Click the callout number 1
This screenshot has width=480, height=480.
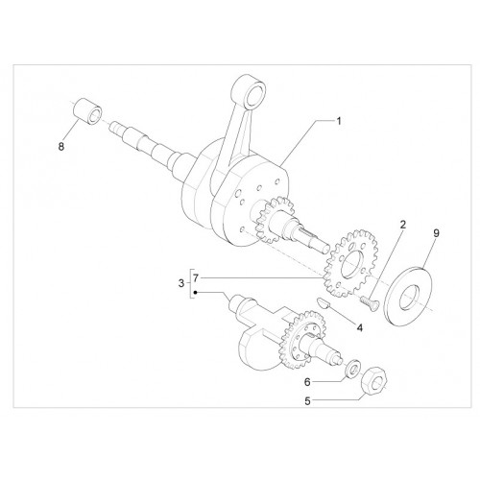pyautogui.click(x=339, y=122)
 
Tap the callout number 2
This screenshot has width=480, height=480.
pyautogui.click(x=403, y=225)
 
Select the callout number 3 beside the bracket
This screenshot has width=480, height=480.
pyautogui.click(x=181, y=283)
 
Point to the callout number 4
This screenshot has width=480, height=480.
pyautogui.click(x=360, y=327)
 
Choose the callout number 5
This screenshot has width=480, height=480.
pyautogui.click(x=307, y=401)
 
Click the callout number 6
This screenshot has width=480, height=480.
pyautogui.click(x=307, y=382)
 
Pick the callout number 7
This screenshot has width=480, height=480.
pyautogui.click(x=196, y=278)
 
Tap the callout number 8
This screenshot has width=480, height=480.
pyautogui.click(x=61, y=147)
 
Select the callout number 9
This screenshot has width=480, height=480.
pyautogui.click(x=437, y=233)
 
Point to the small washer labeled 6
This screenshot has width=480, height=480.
pyautogui.click(x=353, y=370)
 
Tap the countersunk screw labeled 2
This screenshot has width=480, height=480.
pyautogui.click(x=371, y=302)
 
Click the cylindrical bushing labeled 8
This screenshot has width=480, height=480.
pyautogui.click(x=88, y=112)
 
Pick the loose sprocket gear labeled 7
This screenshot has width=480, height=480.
pyautogui.click(x=351, y=262)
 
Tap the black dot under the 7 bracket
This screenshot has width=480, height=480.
pyautogui.click(x=195, y=292)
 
